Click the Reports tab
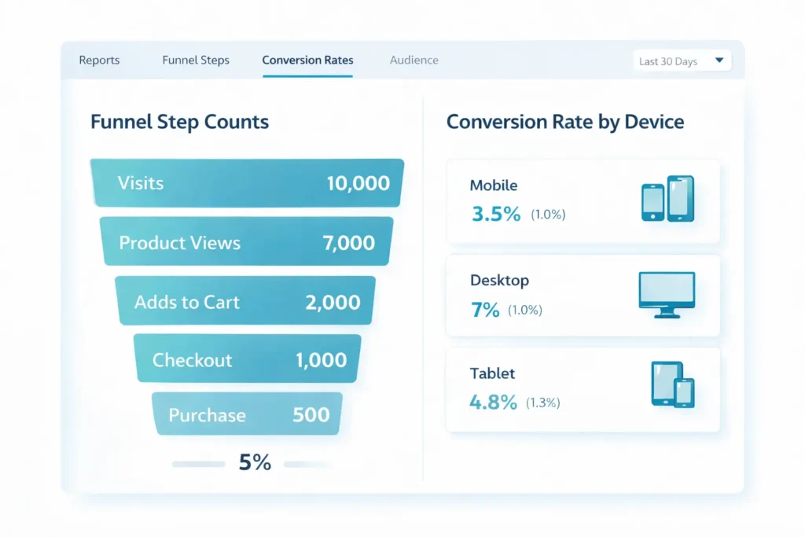click(99, 61)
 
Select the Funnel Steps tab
click(196, 61)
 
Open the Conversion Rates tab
click(307, 61)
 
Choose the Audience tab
click(414, 61)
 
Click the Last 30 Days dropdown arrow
click(719, 61)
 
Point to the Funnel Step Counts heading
click(179, 123)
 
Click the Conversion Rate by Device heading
click(564, 123)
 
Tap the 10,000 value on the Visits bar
click(358, 184)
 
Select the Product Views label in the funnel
click(179, 243)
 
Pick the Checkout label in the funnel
click(192, 361)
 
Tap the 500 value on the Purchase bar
click(311, 415)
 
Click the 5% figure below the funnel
click(255, 463)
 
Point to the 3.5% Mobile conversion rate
click(495, 214)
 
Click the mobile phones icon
click(667, 200)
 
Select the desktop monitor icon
click(667, 294)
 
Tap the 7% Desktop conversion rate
click(485, 310)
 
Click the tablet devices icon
click(673, 384)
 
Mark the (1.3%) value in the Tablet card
click(542, 403)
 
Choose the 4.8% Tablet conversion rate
click(493, 403)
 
